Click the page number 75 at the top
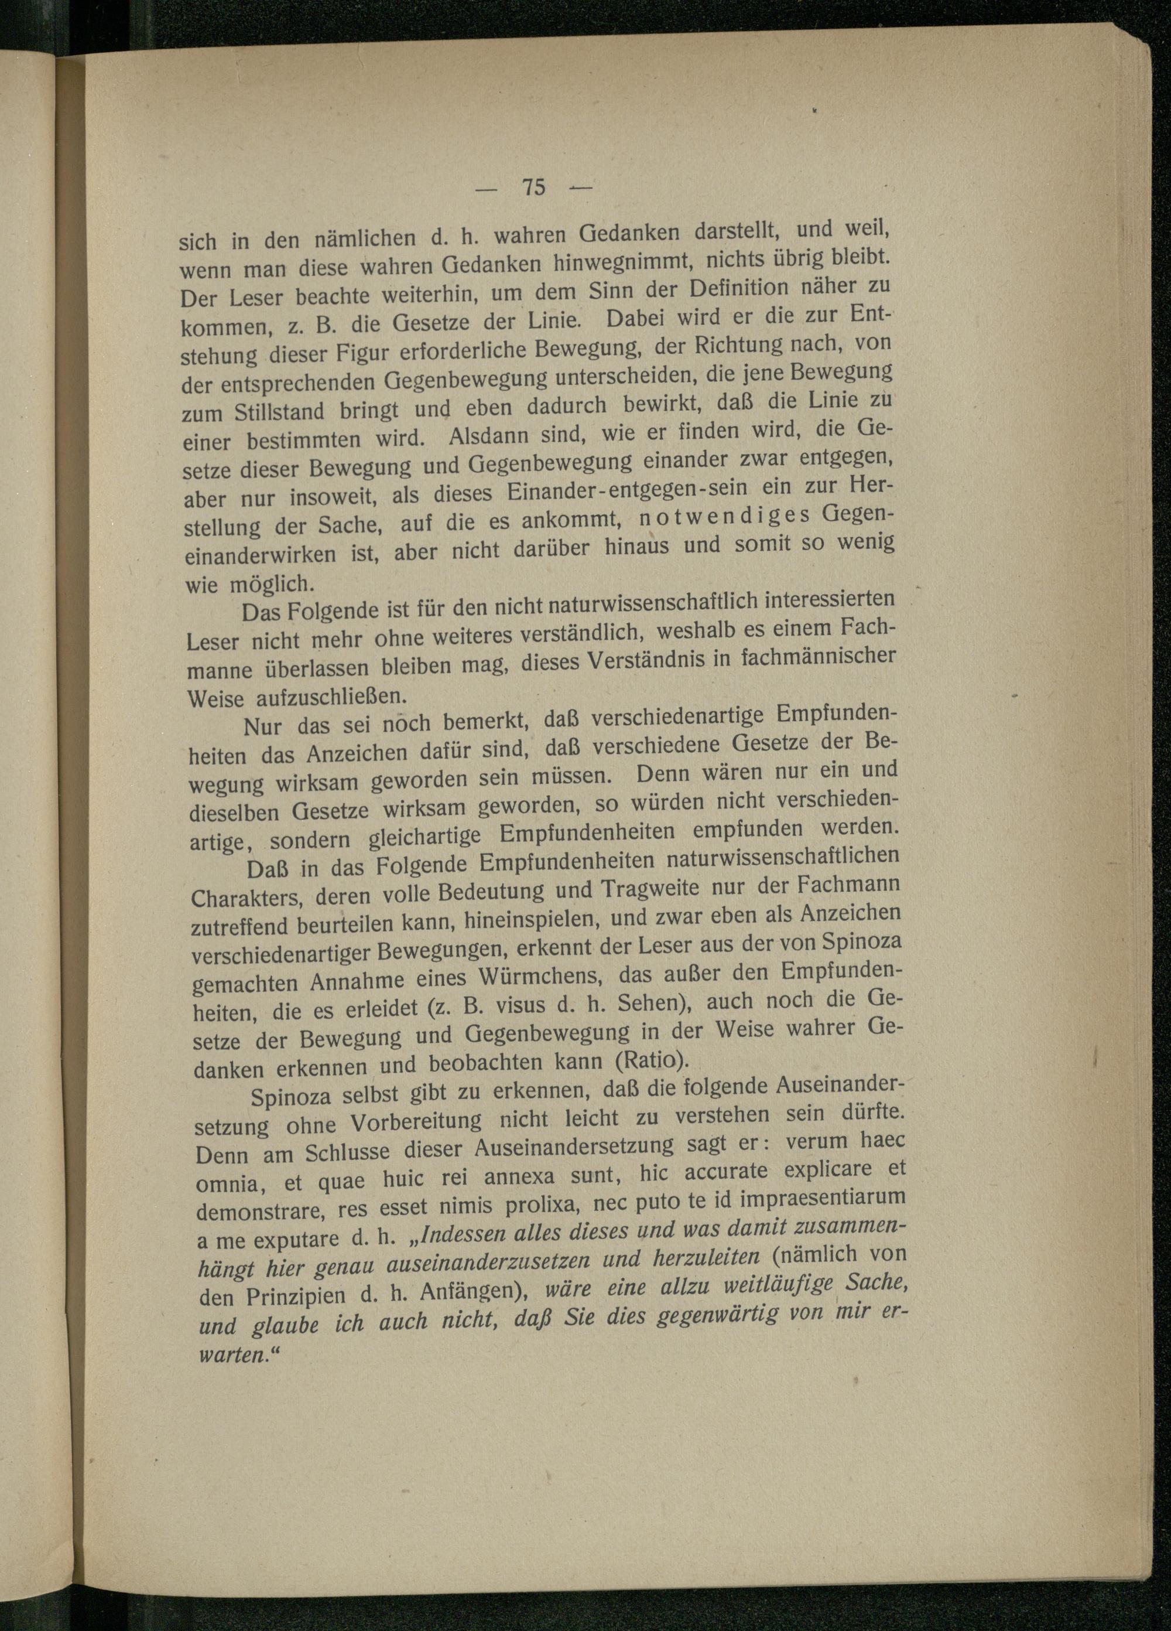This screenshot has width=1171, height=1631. (533, 187)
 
